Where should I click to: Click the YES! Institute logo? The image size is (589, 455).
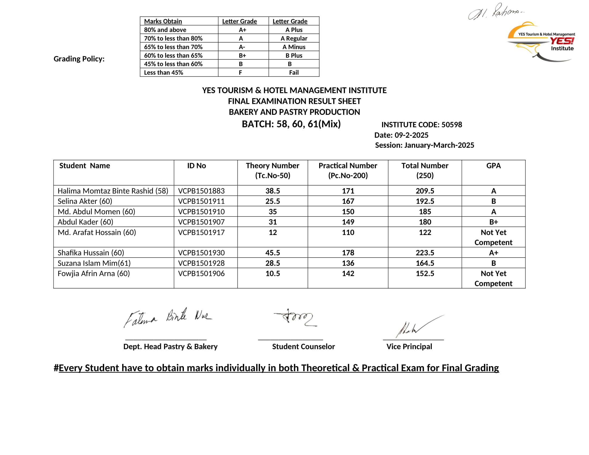(541, 42)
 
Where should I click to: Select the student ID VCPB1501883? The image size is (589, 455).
(201, 191)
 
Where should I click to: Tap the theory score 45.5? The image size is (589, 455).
(272, 253)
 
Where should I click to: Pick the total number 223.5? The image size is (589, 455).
(425, 253)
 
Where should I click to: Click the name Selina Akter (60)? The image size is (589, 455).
(85, 201)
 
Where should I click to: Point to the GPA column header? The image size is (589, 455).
(493, 165)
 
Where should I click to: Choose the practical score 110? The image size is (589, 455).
(348, 232)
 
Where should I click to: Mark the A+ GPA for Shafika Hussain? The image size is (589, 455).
(493, 253)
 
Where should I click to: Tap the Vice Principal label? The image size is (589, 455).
(409, 346)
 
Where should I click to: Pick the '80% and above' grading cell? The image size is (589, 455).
(165, 30)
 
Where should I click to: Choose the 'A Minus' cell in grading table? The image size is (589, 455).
(294, 47)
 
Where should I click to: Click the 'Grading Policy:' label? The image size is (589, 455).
(79, 59)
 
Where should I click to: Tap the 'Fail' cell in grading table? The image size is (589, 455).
(294, 73)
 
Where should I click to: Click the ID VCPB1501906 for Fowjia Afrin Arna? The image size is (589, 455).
(201, 273)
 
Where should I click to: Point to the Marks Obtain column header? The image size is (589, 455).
(163, 21)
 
